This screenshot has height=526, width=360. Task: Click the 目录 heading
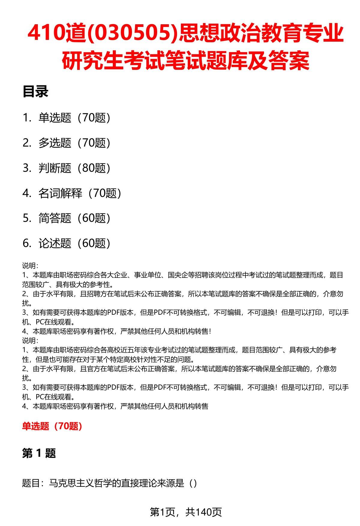point(35,92)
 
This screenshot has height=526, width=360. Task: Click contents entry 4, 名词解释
point(60,193)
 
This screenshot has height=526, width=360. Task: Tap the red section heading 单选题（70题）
point(52,426)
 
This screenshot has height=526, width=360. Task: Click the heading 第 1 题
point(39,453)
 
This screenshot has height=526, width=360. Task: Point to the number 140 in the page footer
point(203,512)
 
